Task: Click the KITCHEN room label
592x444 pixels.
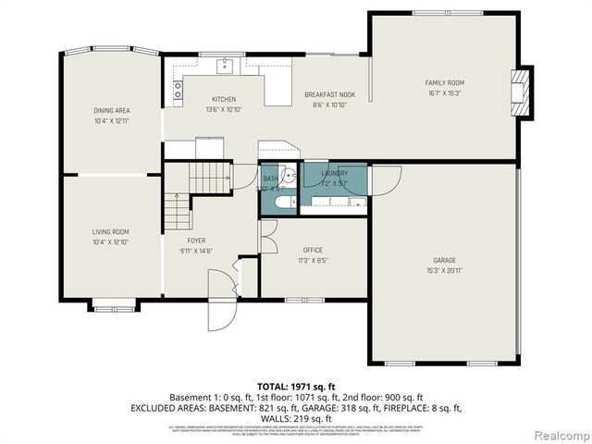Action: [224, 99]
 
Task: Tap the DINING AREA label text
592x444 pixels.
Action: [111, 109]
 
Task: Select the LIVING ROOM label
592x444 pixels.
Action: [110, 231]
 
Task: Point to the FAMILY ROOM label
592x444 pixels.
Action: [443, 82]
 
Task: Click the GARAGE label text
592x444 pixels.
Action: [444, 260]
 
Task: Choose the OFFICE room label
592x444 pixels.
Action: [313, 250]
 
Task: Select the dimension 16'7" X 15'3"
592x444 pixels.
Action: [443, 92]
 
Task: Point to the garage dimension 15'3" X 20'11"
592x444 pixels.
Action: [444, 270]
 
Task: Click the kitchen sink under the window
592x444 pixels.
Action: [225, 65]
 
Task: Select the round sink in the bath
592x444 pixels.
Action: [288, 173]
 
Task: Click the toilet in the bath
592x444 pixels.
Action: [288, 201]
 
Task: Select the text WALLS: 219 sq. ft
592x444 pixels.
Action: [296, 418]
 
